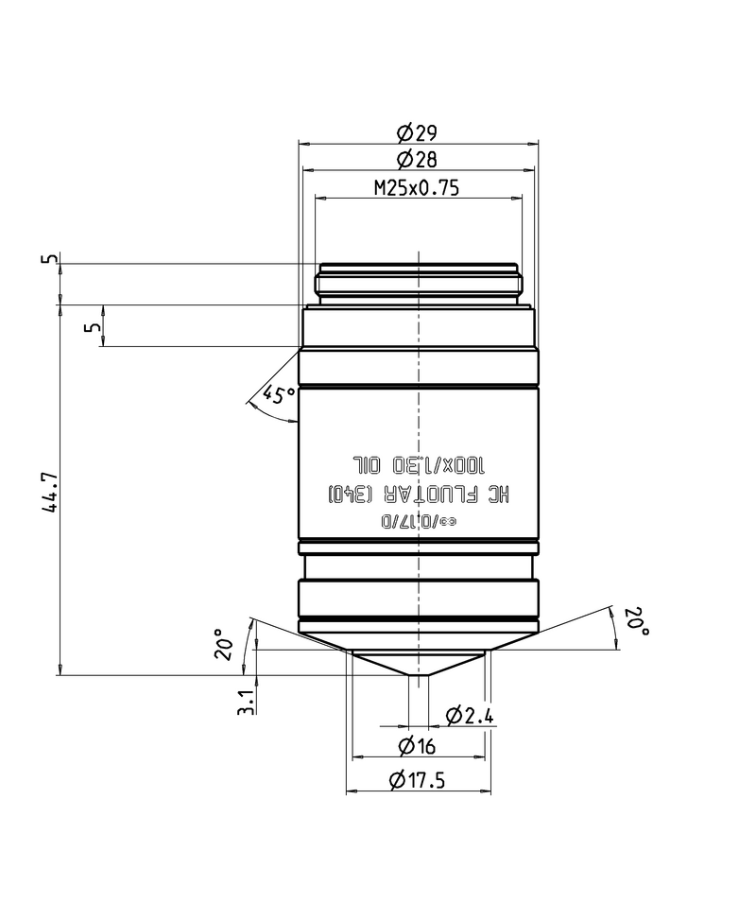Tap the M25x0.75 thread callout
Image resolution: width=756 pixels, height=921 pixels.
[416, 187]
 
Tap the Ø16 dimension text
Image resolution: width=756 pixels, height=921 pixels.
[417, 747]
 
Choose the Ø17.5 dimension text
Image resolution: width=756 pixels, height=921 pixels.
[417, 781]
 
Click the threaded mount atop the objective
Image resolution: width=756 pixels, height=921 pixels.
[418, 283]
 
